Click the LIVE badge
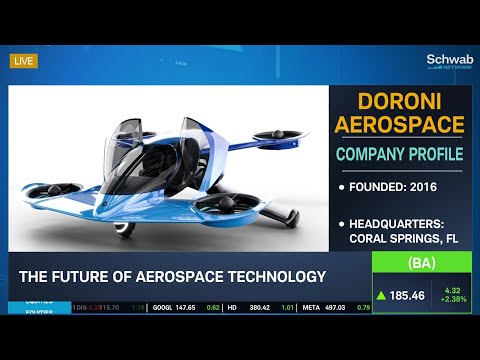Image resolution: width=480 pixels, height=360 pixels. tap(23, 61)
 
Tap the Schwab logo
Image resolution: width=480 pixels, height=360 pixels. tap(448, 60)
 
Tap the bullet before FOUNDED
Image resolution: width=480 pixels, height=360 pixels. tap(342, 187)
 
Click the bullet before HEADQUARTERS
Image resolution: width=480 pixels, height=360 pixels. tap(342, 223)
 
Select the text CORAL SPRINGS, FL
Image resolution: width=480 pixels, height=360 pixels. tap(403, 238)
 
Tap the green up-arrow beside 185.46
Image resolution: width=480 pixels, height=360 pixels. tap(382, 296)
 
